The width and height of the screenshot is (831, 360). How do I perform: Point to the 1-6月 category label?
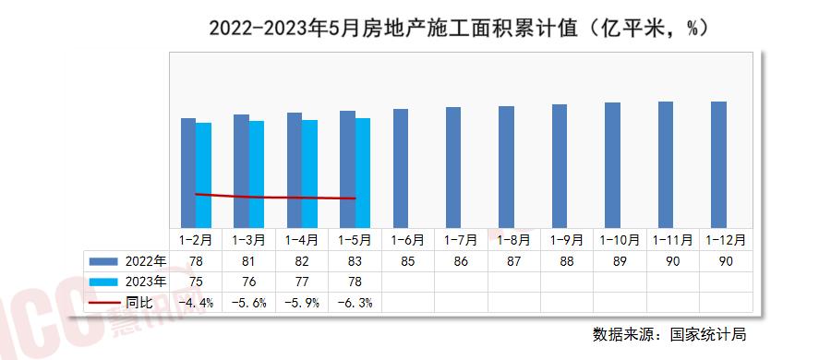[x=407, y=239]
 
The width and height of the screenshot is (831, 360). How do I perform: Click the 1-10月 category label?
[x=620, y=239]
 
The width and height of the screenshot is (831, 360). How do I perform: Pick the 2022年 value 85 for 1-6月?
[x=407, y=260]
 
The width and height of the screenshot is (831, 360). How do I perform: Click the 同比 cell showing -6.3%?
[x=355, y=303]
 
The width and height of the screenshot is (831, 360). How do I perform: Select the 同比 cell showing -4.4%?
[x=196, y=303]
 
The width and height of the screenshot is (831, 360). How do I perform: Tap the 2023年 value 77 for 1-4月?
[x=302, y=282]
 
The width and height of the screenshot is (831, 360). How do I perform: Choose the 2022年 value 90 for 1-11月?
[x=673, y=260]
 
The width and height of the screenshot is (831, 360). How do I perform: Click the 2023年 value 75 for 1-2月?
[x=196, y=282]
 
